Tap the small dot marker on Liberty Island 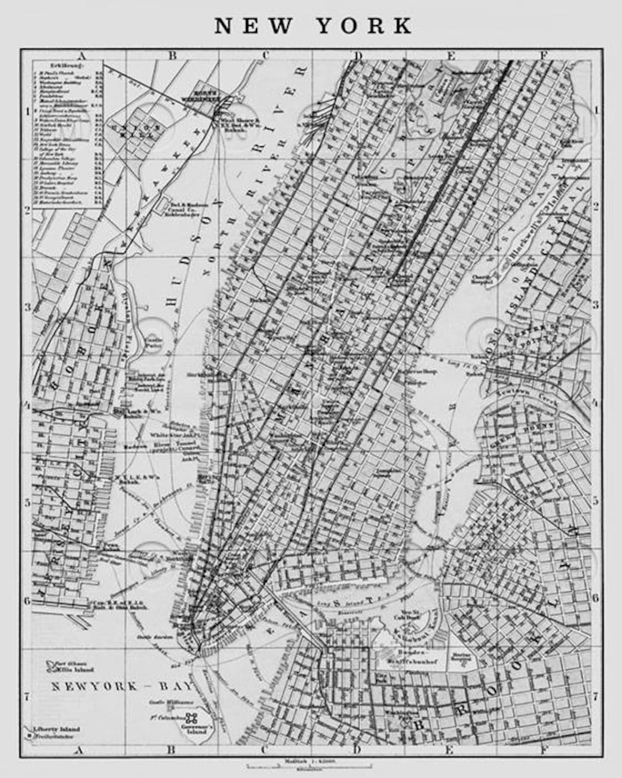click(x=28, y=736)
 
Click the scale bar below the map click(x=309, y=766)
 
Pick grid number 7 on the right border click(x=596, y=697)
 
